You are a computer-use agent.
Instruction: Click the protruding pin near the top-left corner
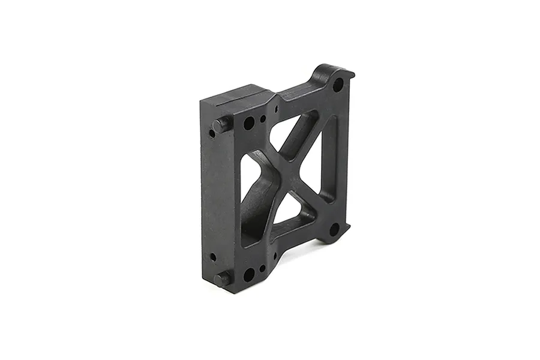coord(221,125)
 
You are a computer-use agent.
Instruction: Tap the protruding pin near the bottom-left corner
coord(222,279)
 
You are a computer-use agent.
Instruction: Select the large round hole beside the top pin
coord(248,124)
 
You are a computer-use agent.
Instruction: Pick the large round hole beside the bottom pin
coord(248,275)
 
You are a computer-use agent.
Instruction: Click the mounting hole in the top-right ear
coord(338,85)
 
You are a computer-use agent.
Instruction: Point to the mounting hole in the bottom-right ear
coord(334,229)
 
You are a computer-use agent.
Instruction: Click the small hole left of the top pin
coord(212,133)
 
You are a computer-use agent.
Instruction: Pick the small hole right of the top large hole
coord(263,119)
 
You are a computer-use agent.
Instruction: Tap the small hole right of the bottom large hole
coord(262,269)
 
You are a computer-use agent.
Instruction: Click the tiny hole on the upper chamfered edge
coord(276,109)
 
